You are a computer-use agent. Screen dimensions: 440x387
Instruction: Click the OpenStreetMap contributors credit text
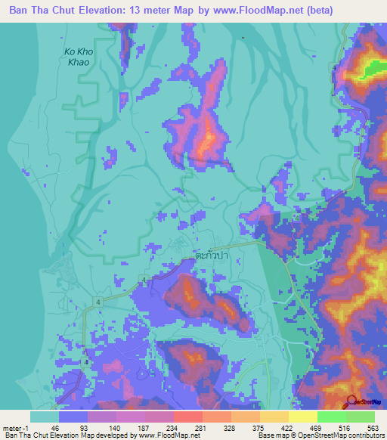coord(338,436)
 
